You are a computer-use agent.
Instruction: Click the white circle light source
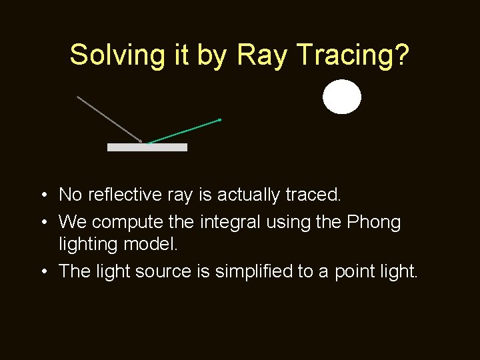tap(342, 97)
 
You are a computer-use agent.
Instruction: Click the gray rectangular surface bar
tap(147, 147)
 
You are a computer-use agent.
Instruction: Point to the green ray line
tap(183, 131)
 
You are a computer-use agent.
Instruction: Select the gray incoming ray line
tap(109, 119)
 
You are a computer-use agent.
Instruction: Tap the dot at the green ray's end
tap(219, 120)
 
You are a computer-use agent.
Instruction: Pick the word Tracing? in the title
tap(354, 55)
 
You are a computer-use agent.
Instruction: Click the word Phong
tap(374, 222)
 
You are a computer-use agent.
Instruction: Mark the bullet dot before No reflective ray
tap(42, 195)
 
